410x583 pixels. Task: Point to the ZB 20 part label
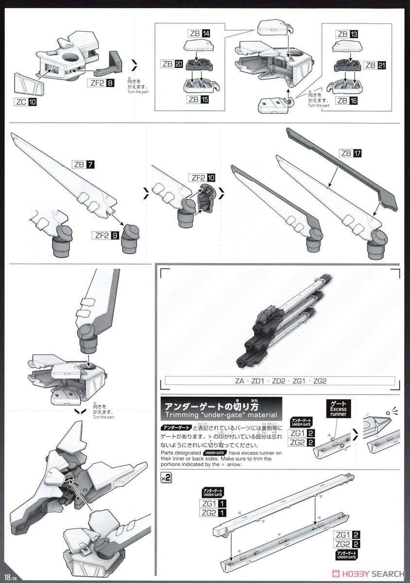pos(172,64)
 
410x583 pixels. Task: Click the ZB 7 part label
pos(83,164)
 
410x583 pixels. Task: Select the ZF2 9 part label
pos(107,236)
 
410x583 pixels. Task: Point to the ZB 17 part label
pos(351,154)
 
